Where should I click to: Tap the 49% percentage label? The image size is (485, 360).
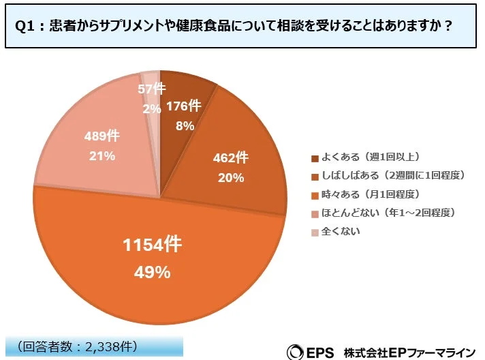pyautogui.click(x=153, y=273)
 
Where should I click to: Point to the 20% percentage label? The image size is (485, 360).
pyautogui.click(x=230, y=179)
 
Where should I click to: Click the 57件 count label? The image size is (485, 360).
pyautogui.click(x=151, y=89)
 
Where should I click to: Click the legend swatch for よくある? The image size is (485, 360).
pyautogui.click(x=314, y=159)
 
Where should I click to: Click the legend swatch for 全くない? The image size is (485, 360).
pyautogui.click(x=314, y=232)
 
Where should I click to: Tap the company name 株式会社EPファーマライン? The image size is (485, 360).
pyautogui.click(x=413, y=351)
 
